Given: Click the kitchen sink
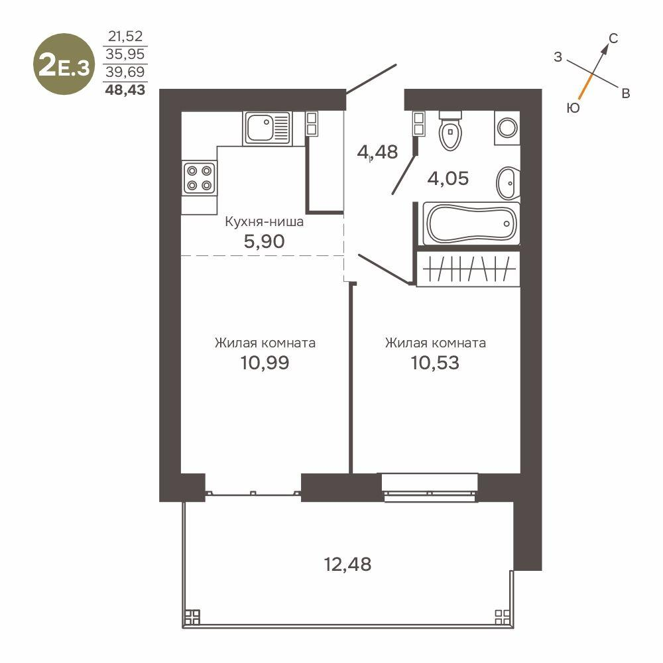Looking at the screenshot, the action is (267, 129).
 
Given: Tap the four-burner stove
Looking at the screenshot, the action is (199, 178).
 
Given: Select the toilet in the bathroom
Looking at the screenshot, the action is (450, 130).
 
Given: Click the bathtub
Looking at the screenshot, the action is (471, 223).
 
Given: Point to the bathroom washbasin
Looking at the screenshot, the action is (507, 183).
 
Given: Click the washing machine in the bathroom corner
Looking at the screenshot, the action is (507, 128).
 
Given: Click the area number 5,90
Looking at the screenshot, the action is (265, 241).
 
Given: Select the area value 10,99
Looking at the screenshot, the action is (265, 363).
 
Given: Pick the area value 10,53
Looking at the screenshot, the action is (435, 363).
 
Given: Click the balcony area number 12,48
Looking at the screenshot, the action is (347, 564).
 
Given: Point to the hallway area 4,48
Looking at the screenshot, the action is (378, 152).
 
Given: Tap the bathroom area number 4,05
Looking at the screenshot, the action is (448, 178).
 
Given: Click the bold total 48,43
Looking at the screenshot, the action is (125, 90).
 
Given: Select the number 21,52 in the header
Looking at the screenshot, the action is (125, 36).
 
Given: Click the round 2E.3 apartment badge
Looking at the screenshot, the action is (64, 64).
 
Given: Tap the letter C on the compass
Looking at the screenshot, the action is (613, 38).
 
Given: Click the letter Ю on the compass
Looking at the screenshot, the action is (573, 108).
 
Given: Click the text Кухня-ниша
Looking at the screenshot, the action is (265, 221).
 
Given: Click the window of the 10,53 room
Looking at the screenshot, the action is (430, 487).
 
